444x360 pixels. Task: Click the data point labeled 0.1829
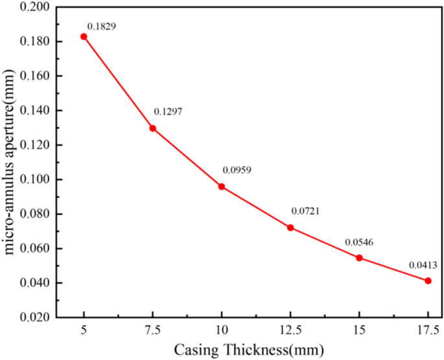coord(84,36)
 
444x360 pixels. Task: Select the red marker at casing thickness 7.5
coord(153,128)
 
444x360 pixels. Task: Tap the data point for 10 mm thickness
coord(222,186)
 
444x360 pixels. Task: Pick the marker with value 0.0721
coord(290,227)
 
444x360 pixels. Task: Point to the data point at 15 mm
coord(359,258)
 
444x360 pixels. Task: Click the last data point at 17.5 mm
coord(428,280)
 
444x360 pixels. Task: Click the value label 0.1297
coord(168,112)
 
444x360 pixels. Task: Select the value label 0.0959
coord(237,170)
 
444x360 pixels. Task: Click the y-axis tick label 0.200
coord(32,7)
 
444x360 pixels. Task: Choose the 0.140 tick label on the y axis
coord(32,111)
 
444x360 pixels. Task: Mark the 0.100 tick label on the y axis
coord(32,179)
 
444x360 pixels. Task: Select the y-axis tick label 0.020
coord(32,318)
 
